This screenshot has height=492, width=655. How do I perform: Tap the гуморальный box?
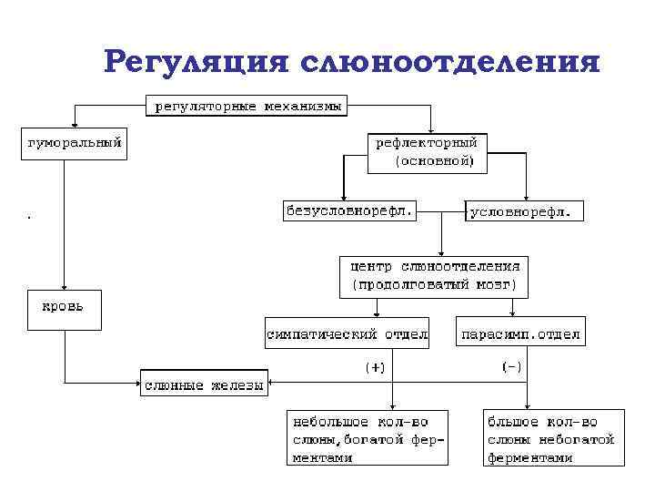[74, 144]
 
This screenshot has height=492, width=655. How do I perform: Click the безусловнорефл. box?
[349, 210]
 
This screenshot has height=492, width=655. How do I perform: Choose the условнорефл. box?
[524, 210]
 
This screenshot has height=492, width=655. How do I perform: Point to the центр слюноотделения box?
[435, 275]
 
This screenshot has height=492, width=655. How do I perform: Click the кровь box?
[63, 309]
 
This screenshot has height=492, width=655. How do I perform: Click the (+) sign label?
[375, 366]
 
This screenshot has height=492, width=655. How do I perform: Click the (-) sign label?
[512, 366]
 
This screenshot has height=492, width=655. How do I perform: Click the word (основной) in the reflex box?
[435, 161]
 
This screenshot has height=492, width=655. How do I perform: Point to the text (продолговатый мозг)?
[435, 284]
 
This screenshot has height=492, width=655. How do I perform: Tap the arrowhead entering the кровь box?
[63, 288]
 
